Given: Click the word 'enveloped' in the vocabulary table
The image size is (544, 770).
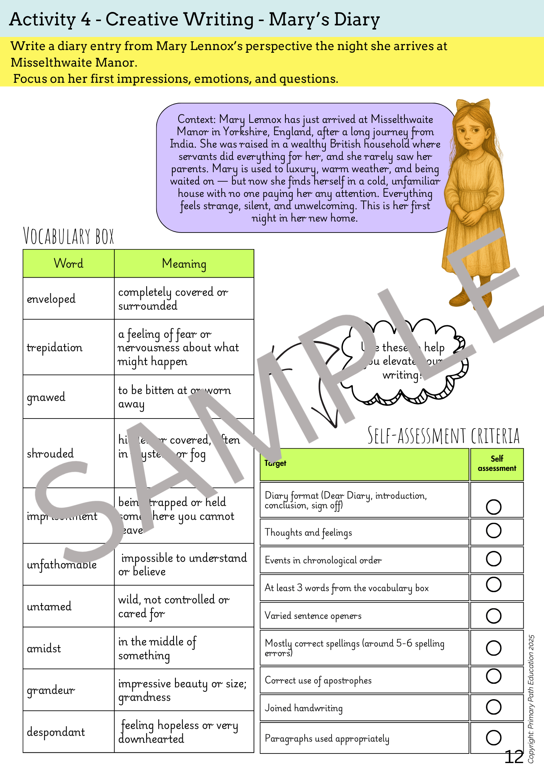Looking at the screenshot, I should point(51,299).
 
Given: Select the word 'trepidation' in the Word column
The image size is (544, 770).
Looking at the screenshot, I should point(55,347).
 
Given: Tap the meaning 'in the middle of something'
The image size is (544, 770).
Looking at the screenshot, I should point(157,648).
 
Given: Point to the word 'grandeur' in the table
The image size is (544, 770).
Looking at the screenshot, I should point(51,690).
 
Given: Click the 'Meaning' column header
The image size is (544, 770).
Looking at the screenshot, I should point(184,264).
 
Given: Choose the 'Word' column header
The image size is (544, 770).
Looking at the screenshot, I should point(68,264).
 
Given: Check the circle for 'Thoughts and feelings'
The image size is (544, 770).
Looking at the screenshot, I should point(494,531).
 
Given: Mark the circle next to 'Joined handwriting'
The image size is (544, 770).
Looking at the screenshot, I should point(494,706).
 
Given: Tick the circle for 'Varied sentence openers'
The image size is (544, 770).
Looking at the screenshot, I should point(494,615).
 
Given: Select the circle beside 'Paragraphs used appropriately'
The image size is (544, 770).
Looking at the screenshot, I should point(494,737).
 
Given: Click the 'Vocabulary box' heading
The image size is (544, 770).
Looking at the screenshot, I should point(69,236).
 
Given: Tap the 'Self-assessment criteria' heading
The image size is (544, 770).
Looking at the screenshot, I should point(444,436).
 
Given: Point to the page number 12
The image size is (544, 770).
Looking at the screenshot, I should point(514,757).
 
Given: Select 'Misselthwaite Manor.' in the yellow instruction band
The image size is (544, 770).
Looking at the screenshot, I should point(74,62).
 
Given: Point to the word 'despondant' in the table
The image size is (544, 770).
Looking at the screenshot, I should point(56,731).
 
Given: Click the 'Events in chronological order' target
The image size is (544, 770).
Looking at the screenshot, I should point(323,560).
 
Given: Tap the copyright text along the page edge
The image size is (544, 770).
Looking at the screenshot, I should point(531,699).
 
